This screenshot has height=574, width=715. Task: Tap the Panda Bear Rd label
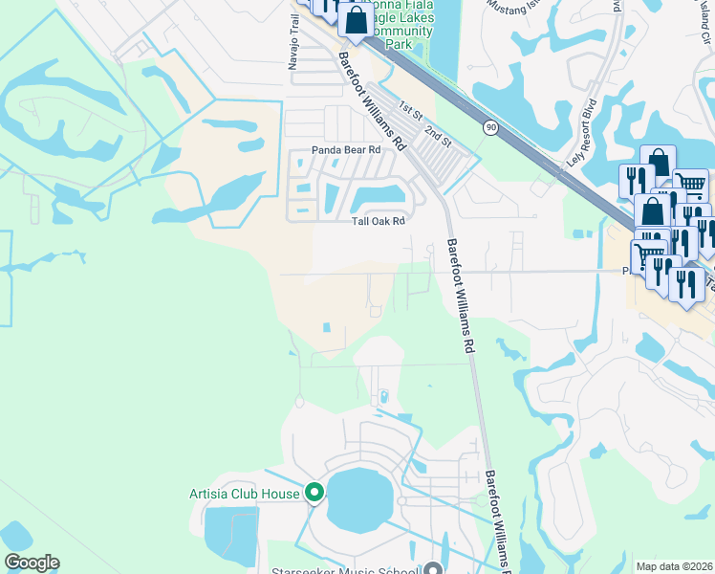[x=346, y=150]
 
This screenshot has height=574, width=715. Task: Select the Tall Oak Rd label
[x=379, y=221]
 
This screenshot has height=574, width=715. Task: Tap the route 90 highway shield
[x=490, y=127]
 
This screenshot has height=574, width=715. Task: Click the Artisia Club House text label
[x=244, y=494]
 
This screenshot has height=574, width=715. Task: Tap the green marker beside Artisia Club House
[x=314, y=494]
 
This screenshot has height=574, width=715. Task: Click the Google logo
[x=32, y=563]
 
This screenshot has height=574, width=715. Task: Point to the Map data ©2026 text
[x=675, y=566]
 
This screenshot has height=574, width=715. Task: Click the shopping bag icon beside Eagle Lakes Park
[x=356, y=21]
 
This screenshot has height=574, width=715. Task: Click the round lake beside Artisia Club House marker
[x=359, y=500]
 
